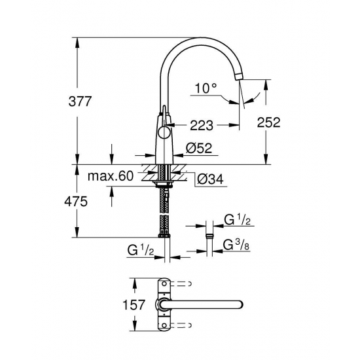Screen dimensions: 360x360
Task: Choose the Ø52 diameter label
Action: (x=198, y=149)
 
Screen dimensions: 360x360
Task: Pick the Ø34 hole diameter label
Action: (x=209, y=177)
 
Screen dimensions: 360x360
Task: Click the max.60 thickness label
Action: (x=111, y=176)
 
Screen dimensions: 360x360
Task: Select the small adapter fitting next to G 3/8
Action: (x=209, y=238)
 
